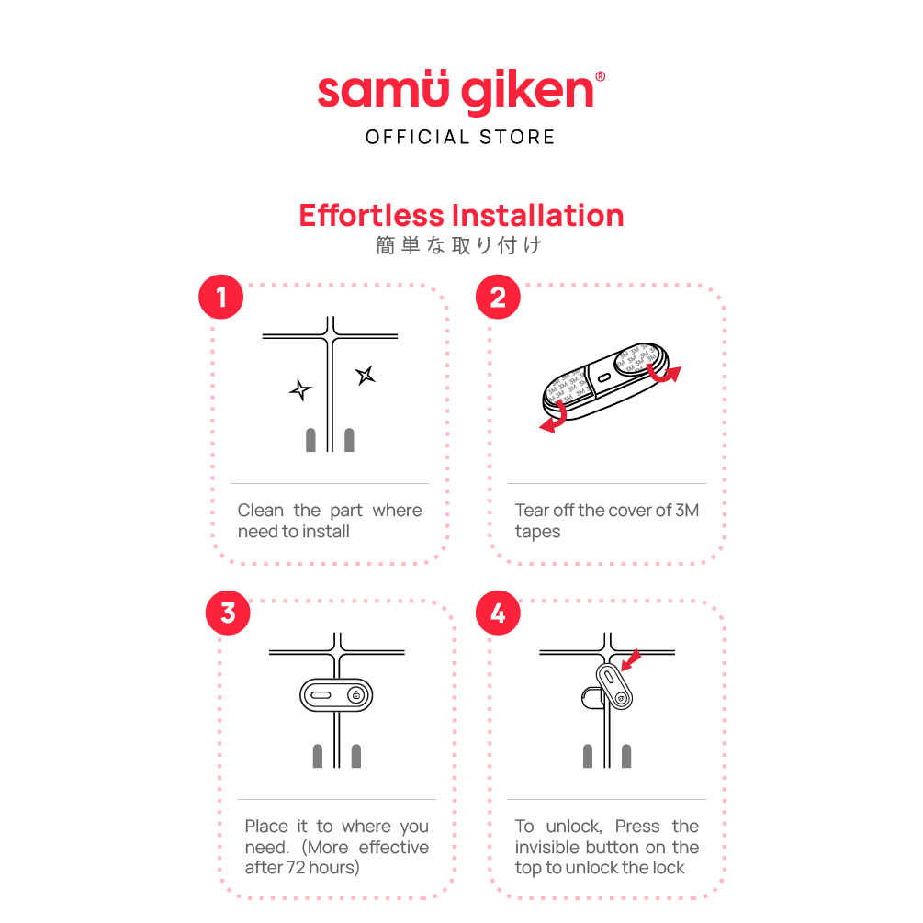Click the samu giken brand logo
pos(461,91)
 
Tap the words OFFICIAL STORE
pos(460,137)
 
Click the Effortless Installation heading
pos(461,216)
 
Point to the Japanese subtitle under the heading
pos(459,245)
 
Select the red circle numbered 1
pos(220,297)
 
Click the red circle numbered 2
pos(498,297)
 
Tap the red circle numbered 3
pos(228,613)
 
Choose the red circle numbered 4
pos(498,613)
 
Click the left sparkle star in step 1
pos(300,389)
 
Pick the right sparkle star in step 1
pos(366,375)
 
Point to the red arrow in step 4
pos(631,659)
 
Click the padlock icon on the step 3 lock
pos(356,695)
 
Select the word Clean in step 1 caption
pos(260,511)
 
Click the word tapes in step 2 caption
pos(537,532)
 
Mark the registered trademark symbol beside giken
pos(601,76)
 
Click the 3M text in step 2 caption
pos(687,511)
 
